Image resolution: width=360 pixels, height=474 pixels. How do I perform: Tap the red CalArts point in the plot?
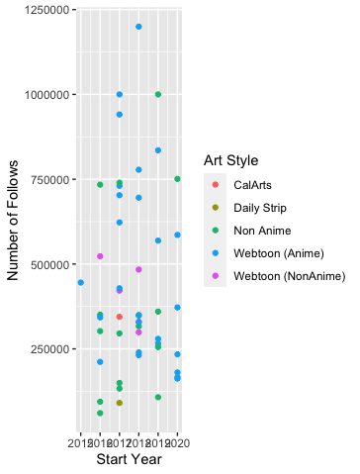point(119,317)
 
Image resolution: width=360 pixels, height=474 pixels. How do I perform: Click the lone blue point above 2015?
point(80,283)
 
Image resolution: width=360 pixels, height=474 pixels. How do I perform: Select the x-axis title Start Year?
point(129,458)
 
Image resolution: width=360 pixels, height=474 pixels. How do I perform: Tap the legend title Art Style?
point(231,159)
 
